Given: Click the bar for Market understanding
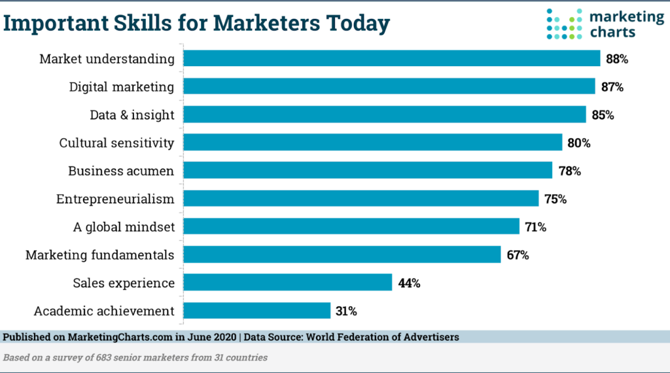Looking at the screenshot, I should click(391, 59).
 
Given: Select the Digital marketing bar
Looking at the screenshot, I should click(389, 86).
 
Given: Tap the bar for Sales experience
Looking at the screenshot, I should click(287, 283).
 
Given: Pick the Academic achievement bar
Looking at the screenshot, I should click(256, 311).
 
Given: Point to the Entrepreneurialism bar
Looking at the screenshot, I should click(361, 198).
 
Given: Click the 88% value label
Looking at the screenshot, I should click(617, 59).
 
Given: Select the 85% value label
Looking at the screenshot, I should click(603, 115).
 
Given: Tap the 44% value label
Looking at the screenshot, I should click(409, 283).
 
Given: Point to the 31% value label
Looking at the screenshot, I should click(346, 311).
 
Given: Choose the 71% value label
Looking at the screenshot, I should click(535, 227).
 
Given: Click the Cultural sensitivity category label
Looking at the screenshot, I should click(116, 143).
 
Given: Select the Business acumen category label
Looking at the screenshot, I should click(121, 171).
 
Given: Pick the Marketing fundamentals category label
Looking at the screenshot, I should click(100, 255).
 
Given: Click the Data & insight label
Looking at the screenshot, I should click(132, 115).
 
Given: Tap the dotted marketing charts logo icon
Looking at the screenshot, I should click(564, 24).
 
